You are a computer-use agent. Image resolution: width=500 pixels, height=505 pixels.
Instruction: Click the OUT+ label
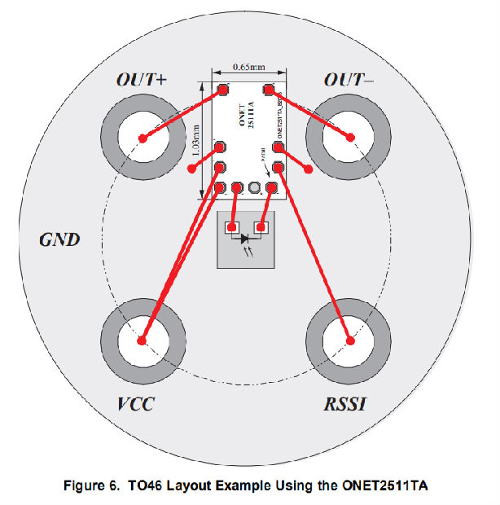click(x=141, y=81)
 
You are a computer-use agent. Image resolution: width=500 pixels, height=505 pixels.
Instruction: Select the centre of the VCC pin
click(x=143, y=340)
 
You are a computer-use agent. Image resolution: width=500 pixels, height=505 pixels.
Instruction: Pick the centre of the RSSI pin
click(x=350, y=340)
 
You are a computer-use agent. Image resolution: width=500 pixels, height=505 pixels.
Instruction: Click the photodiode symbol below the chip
click(x=247, y=239)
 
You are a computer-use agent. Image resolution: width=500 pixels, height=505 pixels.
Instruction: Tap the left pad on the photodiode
click(x=232, y=227)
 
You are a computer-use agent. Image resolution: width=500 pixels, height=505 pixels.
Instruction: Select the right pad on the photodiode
click(x=261, y=227)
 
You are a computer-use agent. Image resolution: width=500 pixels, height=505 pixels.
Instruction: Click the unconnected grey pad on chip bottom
click(x=255, y=188)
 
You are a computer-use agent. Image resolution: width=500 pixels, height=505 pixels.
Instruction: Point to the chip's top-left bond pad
click(x=221, y=89)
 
